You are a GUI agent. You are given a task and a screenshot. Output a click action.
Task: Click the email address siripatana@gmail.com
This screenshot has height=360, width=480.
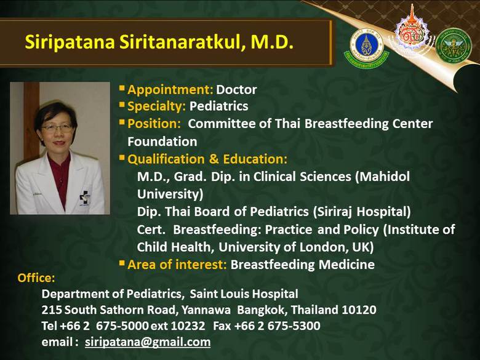[x=148, y=342]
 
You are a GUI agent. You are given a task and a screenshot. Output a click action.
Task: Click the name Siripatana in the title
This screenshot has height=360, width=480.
[x=70, y=42]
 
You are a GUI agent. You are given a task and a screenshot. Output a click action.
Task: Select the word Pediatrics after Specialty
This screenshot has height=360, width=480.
[x=218, y=106]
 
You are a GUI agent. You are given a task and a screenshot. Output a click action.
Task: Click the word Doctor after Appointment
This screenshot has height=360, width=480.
[x=236, y=90]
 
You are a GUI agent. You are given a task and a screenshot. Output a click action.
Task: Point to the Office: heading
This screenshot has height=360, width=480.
[x=36, y=278]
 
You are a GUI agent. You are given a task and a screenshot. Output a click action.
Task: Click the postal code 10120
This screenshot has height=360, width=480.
[x=359, y=310]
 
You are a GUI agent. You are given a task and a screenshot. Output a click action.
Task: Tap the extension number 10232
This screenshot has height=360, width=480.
[x=188, y=326]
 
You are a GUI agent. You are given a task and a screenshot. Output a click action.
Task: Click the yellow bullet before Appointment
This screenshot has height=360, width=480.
[x=122, y=89]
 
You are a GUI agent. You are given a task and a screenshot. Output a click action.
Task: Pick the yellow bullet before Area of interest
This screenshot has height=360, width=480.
[x=122, y=263]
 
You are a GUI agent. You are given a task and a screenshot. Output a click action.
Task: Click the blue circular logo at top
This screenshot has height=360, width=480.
[x=366, y=46]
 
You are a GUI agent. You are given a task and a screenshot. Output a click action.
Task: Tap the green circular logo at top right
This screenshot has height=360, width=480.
[x=454, y=46]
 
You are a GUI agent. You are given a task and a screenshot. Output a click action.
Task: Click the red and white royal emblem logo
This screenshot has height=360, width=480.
[x=412, y=33]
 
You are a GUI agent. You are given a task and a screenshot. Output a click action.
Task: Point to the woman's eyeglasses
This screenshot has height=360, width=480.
[x=57, y=127]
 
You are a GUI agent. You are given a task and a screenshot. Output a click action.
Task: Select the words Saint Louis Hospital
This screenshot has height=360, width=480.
[x=244, y=294]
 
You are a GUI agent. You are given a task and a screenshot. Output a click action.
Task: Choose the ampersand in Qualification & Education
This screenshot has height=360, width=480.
[x=214, y=159]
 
